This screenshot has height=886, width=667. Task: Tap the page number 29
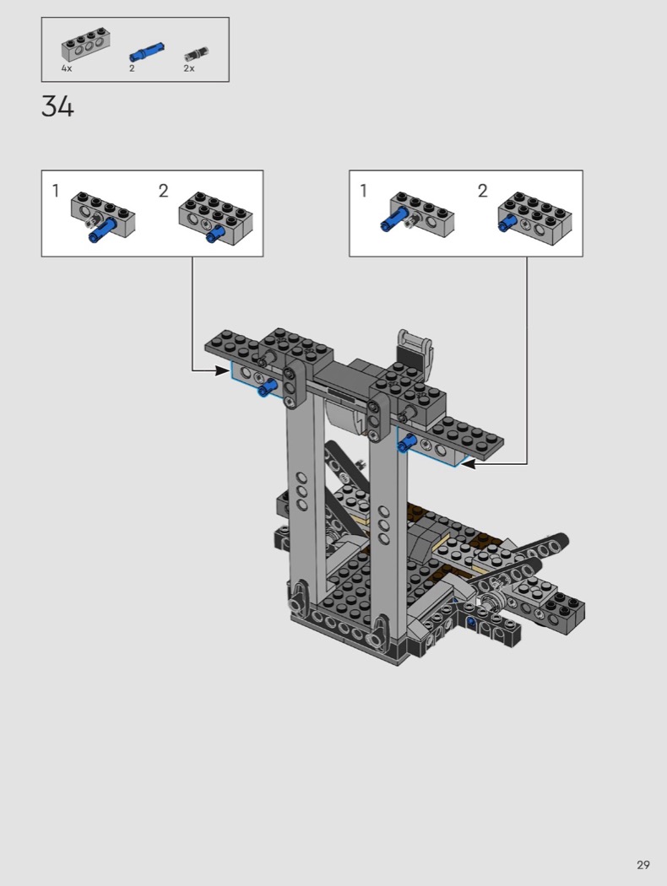(x=643, y=865)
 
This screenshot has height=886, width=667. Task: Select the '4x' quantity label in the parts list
(x=67, y=68)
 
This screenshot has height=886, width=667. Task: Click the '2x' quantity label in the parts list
(x=189, y=68)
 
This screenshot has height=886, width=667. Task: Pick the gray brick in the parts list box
(x=85, y=45)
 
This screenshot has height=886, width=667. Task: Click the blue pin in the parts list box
(x=147, y=52)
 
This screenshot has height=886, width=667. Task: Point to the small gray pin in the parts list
(x=198, y=54)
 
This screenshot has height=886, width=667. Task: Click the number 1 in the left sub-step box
(x=56, y=191)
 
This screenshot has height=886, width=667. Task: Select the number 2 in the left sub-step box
(x=163, y=191)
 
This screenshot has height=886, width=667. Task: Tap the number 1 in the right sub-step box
(x=363, y=191)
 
